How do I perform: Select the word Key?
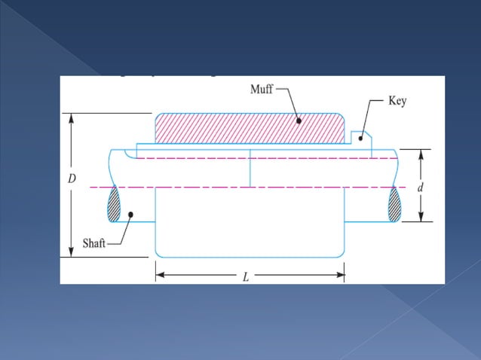397,101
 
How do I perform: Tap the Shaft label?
94,245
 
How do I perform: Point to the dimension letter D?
72,179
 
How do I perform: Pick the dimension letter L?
246,276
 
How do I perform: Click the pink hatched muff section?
226,129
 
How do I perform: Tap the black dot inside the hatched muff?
299,120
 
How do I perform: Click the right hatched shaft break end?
394,204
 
